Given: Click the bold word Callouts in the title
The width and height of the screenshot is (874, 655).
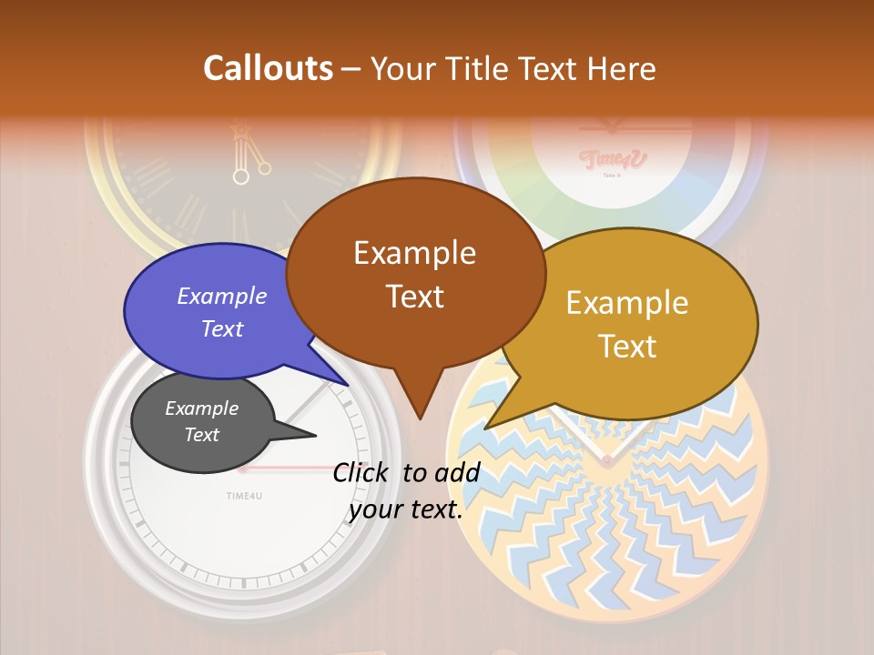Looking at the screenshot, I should pos(268,68).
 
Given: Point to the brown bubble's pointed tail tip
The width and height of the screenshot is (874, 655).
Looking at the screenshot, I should pos(420,418).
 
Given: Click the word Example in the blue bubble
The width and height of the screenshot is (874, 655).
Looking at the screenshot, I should pos(222,296).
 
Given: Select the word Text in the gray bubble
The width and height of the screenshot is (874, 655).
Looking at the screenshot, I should pos(202,435).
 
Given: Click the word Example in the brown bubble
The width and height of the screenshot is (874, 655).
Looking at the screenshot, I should pos(414,253).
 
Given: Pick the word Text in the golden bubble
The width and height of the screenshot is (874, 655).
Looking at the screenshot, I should pos(628,347).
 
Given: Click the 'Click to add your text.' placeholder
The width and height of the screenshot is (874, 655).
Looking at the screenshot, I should pos(406,491).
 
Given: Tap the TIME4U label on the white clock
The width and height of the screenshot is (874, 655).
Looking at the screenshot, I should pos(244,495).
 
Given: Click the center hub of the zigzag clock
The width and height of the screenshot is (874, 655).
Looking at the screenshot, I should pos(606,462).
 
